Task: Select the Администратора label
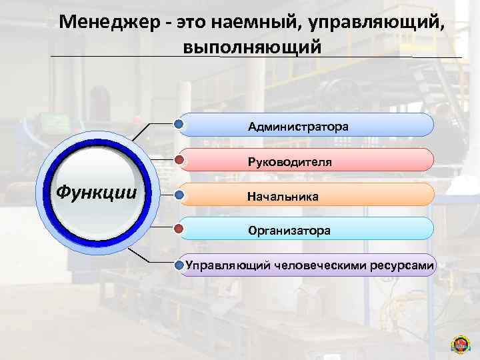298,126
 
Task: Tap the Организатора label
289,231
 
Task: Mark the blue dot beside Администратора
179,123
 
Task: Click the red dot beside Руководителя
179,160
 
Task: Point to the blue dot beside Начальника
179,196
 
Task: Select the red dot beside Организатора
179,229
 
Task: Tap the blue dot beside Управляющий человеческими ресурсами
179,265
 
